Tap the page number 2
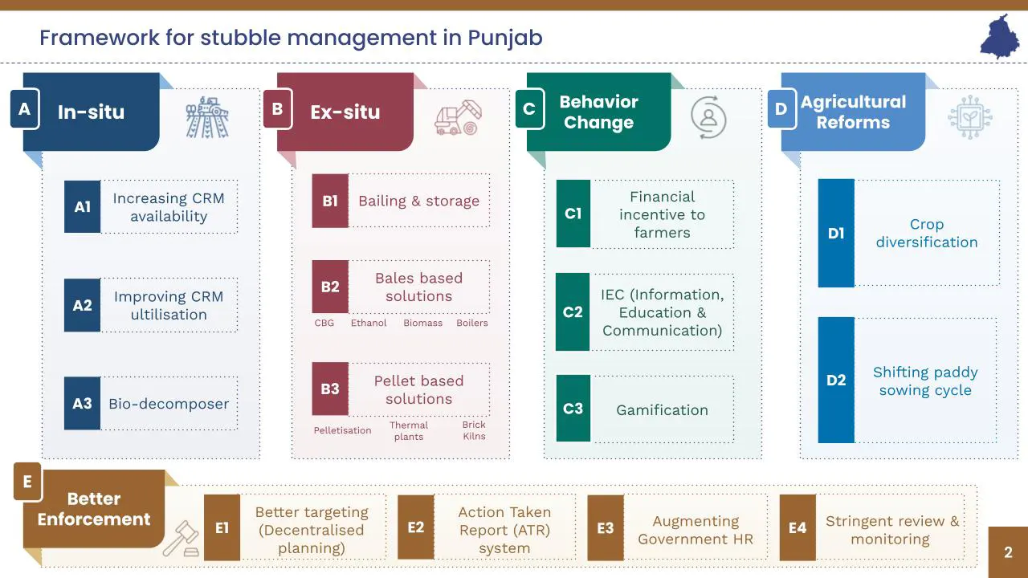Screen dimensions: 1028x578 click(1008, 552)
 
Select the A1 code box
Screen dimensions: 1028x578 click(82, 207)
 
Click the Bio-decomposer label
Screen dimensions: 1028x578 click(169, 404)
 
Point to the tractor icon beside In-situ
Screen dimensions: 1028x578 click(207, 117)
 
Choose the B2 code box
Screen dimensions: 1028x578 click(330, 287)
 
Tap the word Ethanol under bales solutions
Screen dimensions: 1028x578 click(369, 323)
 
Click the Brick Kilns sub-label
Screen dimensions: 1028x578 click(474, 430)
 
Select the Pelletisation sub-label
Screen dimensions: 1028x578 click(342, 430)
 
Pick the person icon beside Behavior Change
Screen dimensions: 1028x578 click(708, 117)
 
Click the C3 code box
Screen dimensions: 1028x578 click(573, 409)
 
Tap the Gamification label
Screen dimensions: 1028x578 click(662, 410)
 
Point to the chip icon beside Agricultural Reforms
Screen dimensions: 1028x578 click(969, 117)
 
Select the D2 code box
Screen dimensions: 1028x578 click(836, 381)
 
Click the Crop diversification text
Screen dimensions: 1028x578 click(927, 234)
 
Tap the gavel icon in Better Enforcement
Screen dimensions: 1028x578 click(181, 539)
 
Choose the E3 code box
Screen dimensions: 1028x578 click(606, 528)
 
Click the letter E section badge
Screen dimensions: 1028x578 click(27, 482)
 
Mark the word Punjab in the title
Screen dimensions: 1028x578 click(505, 37)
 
